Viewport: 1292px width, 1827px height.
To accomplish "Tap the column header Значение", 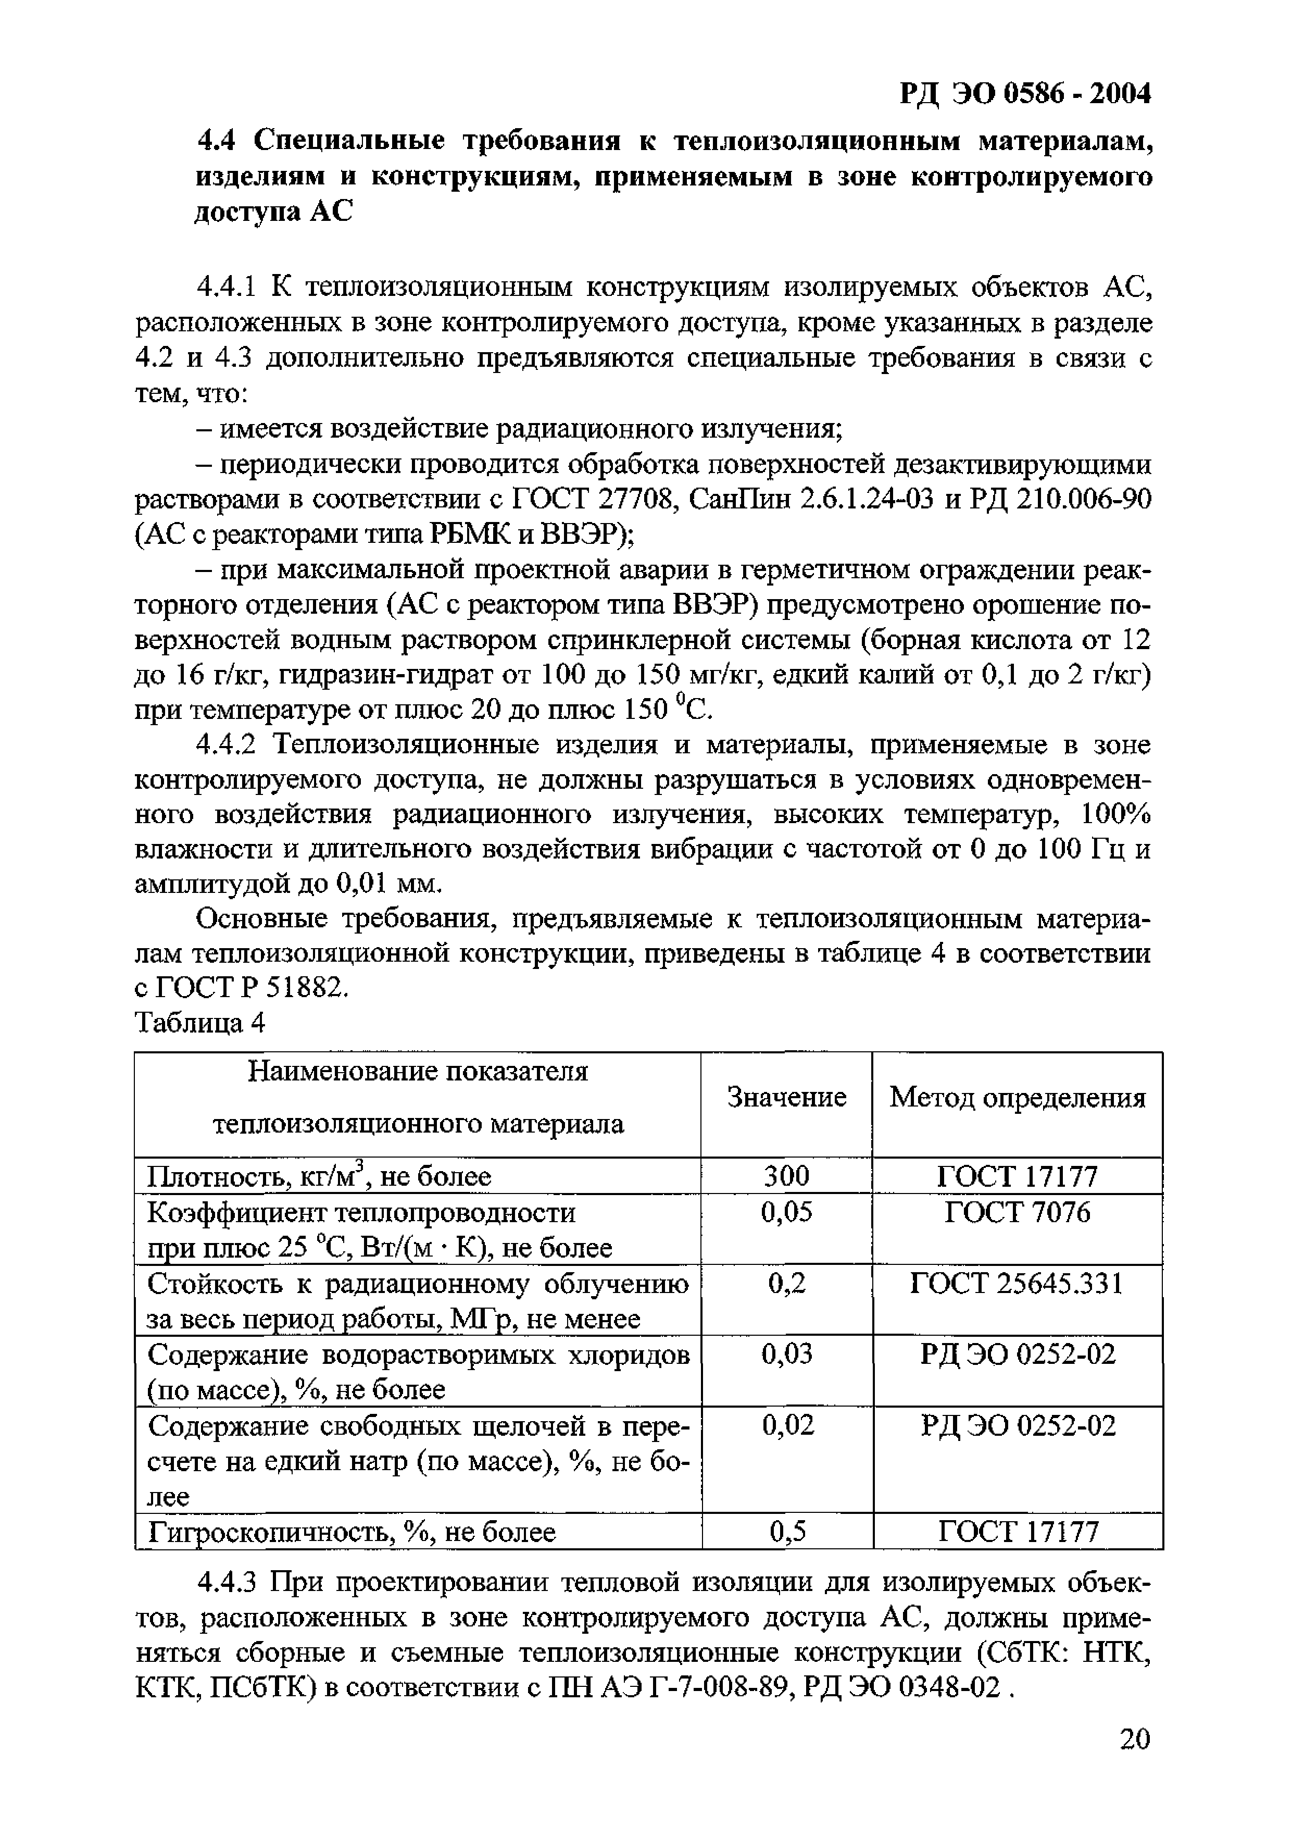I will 786,1098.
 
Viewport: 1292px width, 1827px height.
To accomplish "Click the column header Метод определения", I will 1018,1098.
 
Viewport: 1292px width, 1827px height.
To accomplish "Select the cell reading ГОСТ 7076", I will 1018,1212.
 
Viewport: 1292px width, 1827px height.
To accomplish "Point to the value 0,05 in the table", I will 786,1212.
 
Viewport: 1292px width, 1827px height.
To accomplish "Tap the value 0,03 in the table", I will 786,1353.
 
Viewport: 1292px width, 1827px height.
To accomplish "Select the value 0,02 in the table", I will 787,1424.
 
